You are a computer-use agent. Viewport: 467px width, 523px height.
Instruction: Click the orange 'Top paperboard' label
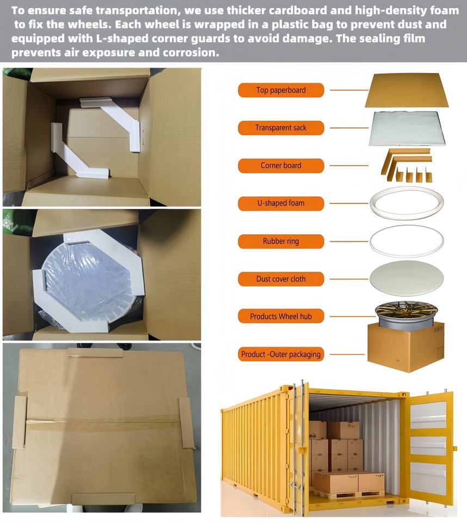pos(281,90)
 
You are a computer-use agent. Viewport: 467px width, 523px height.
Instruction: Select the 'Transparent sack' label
pos(281,127)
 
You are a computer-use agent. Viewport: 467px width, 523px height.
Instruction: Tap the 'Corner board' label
pos(281,166)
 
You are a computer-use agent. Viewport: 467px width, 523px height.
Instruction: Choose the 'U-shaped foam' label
pos(281,203)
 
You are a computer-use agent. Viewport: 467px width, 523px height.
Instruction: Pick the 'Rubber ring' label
pos(281,241)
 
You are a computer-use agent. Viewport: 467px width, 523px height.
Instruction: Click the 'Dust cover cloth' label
pos(281,279)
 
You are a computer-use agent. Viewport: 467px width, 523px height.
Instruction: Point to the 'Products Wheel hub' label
pos(281,316)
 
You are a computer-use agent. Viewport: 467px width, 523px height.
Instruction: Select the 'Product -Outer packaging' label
pos(281,354)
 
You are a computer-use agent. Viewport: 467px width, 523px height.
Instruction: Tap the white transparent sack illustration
pos(407,129)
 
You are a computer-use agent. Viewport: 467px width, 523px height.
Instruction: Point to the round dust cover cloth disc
pos(407,278)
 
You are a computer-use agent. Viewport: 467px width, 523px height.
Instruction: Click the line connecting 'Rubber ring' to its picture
pos(349,241)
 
